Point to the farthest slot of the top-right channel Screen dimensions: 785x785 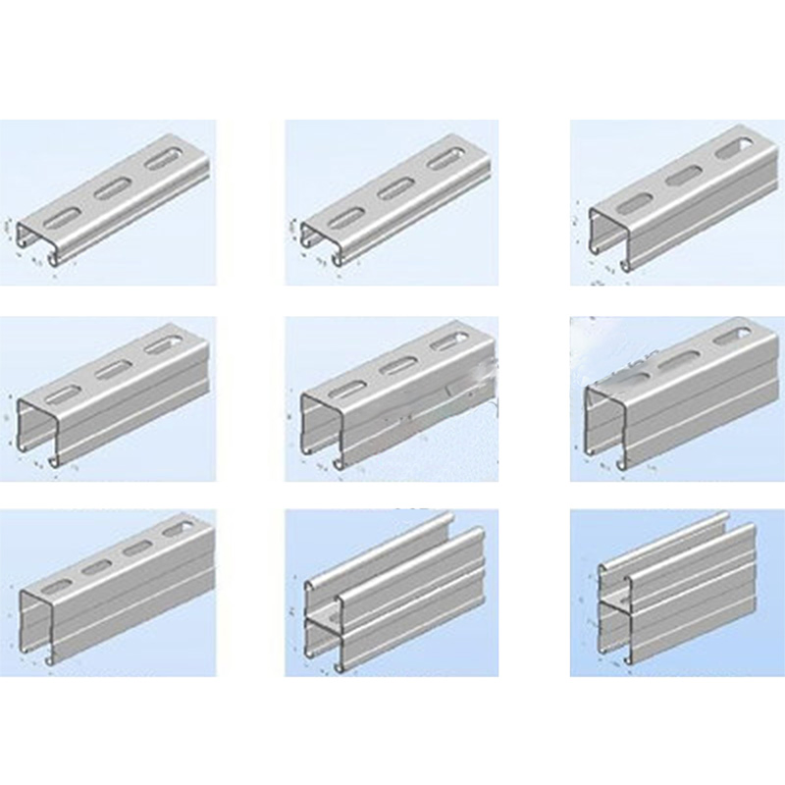(x=735, y=148)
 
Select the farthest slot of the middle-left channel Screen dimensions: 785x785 (x=162, y=345)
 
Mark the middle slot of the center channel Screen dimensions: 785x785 (x=395, y=366)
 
